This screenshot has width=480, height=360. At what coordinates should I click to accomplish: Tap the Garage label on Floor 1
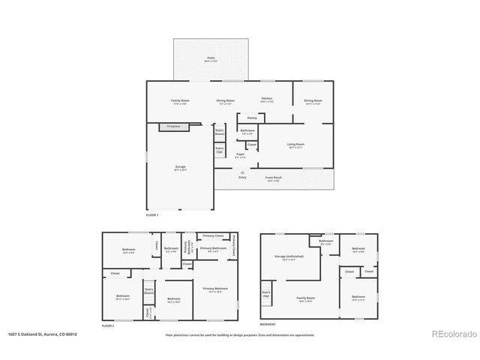[181, 166]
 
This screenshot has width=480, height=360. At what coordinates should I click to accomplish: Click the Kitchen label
[266, 99]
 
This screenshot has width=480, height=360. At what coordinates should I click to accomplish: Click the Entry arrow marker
[242, 172]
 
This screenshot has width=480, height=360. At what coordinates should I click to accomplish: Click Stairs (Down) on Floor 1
[220, 131]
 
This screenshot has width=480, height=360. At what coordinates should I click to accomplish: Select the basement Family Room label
[305, 298]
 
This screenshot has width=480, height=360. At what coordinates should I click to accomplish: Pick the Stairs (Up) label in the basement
[266, 293]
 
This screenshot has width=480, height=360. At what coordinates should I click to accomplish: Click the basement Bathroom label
[326, 241]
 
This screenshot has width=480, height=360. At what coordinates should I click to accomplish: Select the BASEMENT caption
[268, 324]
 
